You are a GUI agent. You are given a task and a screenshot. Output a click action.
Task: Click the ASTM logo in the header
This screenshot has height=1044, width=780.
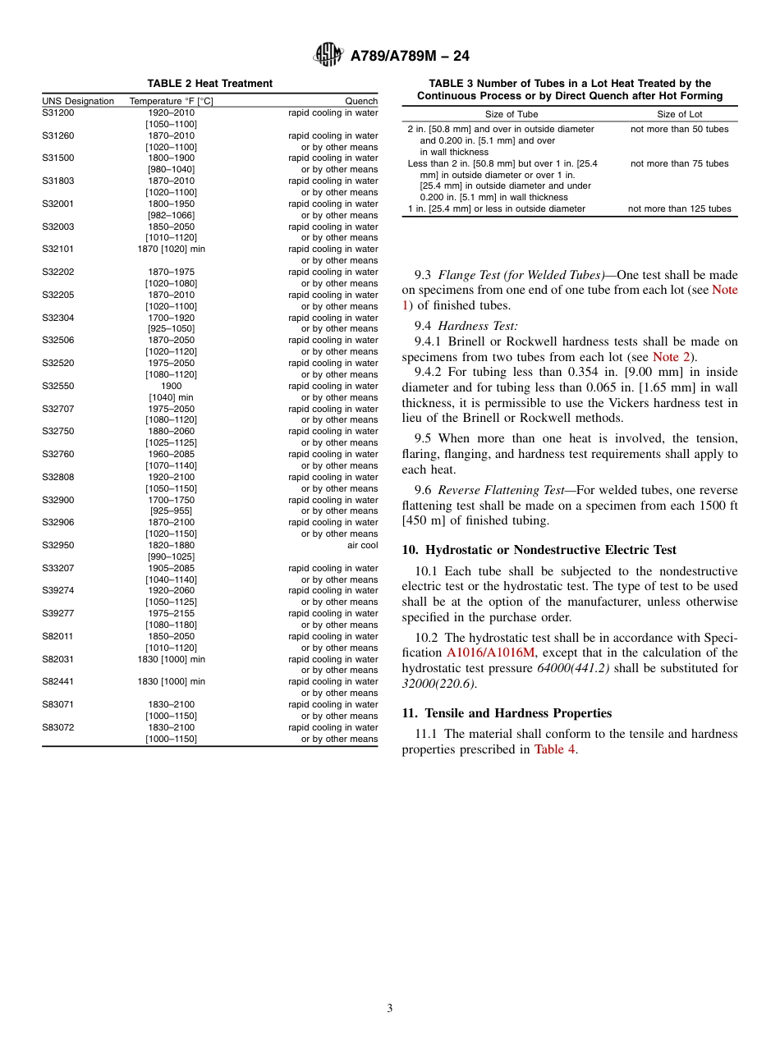click(x=328, y=55)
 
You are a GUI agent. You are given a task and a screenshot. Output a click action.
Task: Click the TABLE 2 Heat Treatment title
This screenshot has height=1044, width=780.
click(x=209, y=84)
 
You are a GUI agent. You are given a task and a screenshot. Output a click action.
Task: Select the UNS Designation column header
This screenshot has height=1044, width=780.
click(x=78, y=102)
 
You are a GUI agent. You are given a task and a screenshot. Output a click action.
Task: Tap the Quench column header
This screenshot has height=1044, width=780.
click(x=361, y=102)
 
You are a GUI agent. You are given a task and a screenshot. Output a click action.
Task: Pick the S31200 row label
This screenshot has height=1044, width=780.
click(x=57, y=112)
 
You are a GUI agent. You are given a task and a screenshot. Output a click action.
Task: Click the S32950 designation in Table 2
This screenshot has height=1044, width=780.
click(x=57, y=545)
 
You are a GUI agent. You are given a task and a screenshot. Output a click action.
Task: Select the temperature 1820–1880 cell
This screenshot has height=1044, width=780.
click(x=171, y=545)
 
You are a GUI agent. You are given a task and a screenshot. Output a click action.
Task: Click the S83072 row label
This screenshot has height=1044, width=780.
click(x=57, y=727)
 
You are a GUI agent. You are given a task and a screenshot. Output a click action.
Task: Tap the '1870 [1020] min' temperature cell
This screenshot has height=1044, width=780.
click(x=171, y=250)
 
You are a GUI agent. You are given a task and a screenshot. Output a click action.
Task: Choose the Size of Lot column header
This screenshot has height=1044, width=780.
click(x=679, y=114)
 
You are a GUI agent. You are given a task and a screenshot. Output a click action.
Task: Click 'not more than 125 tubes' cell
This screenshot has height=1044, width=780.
click(x=679, y=208)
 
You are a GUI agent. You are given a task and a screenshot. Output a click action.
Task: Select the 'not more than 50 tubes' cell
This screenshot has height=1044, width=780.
click(x=679, y=129)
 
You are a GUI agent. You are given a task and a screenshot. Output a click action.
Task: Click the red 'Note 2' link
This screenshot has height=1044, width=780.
click(x=671, y=357)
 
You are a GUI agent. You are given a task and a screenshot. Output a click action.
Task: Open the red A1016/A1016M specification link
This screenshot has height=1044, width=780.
click(x=490, y=653)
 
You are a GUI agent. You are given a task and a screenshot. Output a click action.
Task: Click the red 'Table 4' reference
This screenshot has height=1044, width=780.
click(x=554, y=749)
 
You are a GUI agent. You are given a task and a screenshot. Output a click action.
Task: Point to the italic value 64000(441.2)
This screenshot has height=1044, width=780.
click(x=572, y=668)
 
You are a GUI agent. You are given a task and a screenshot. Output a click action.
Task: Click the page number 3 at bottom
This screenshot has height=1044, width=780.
click(x=390, y=1009)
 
